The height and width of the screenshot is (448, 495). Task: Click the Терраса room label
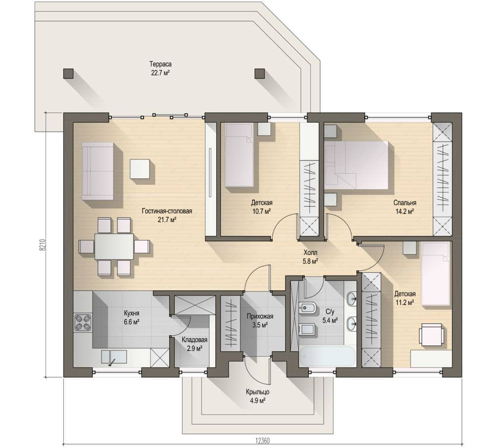tap(160, 64)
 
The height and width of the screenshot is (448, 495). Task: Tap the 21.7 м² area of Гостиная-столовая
tap(167, 220)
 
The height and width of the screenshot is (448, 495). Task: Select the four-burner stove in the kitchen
tap(83, 323)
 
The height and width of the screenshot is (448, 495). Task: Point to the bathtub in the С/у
tap(327, 356)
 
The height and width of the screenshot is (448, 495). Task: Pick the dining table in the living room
tap(114, 246)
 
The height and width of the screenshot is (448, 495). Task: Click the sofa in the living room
tap(98, 171)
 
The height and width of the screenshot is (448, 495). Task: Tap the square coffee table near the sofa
tap(140, 169)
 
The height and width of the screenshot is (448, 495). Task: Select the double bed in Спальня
tap(357, 165)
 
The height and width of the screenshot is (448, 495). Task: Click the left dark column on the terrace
tap(68, 74)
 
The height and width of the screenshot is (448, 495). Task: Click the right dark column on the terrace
tap(260, 74)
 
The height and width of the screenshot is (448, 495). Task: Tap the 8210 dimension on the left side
tap(43, 245)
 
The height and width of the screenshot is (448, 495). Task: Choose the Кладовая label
tap(195, 340)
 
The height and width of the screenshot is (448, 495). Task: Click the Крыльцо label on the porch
tap(257, 392)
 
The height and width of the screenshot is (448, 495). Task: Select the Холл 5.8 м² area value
tap(310, 261)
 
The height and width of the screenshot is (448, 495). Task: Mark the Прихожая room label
tap(260, 316)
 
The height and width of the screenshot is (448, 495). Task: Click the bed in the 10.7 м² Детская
tap(239, 154)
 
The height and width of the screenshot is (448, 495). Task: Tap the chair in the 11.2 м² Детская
tap(431, 335)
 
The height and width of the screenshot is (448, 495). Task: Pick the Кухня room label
tap(131, 313)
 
